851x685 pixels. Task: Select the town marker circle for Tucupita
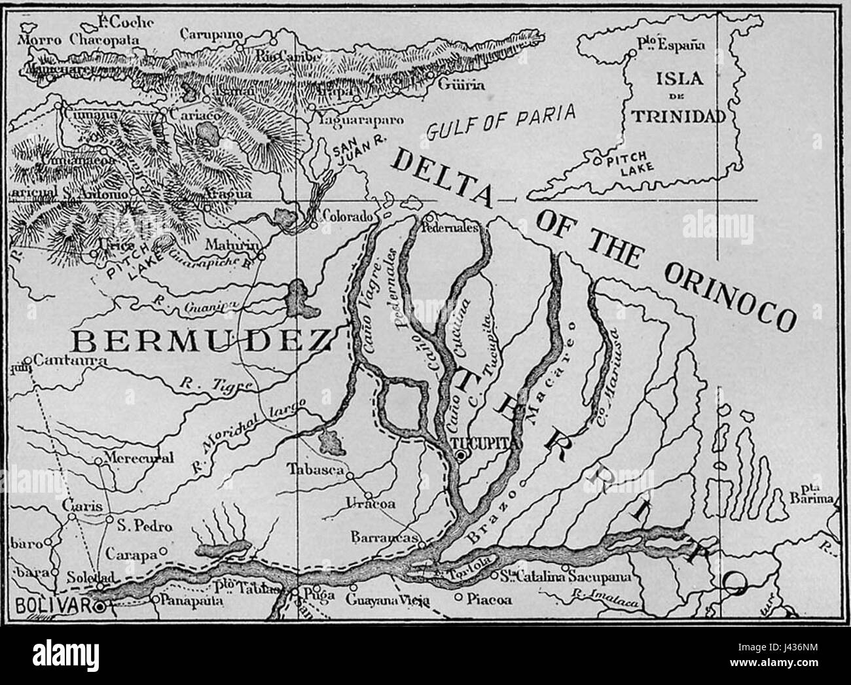coord(461,456)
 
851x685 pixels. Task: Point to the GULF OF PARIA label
coord(501,121)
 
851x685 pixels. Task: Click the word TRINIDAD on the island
coord(678,116)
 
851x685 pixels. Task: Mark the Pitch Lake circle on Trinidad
coord(596,160)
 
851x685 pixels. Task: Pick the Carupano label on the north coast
coord(211,33)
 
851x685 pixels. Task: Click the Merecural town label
coord(139,458)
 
